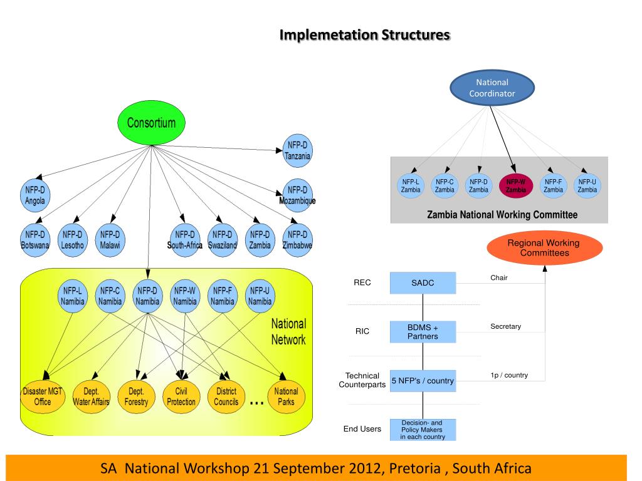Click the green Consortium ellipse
pyautogui.click(x=151, y=123)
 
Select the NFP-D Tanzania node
pyautogui.click(x=297, y=150)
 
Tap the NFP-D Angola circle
pyautogui.click(x=35, y=195)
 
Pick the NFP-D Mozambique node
pyautogui.click(x=297, y=195)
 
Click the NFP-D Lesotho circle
pyautogui.click(x=73, y=240)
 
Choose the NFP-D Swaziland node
pyautogui.click(x=223, y=240)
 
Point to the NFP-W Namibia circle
pyautogui.click(x=185, y=296)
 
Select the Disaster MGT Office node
pyautogui.click(x=43, y=396)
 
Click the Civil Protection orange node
pyautogui.click(x=181, y=396)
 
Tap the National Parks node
pyautogui.click(x=286, y=396)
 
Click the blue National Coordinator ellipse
pyautogui.click(x=492, y=88)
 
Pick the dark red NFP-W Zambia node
pyautogui.click(x=516, y=185)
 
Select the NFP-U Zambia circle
pyautogui.click(x=587, y=185)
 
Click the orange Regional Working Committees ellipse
pyautogui.click(x=545, y=248)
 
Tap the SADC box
pyautogui.click(x=423, y=282)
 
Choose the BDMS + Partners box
pyautogui.click(x=423, y=332)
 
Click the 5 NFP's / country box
pyautogui.click(x=423, y=381)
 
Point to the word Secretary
pyautogui.click(x=506, y=326)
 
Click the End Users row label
pyautogui.click(x=362, y=428)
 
